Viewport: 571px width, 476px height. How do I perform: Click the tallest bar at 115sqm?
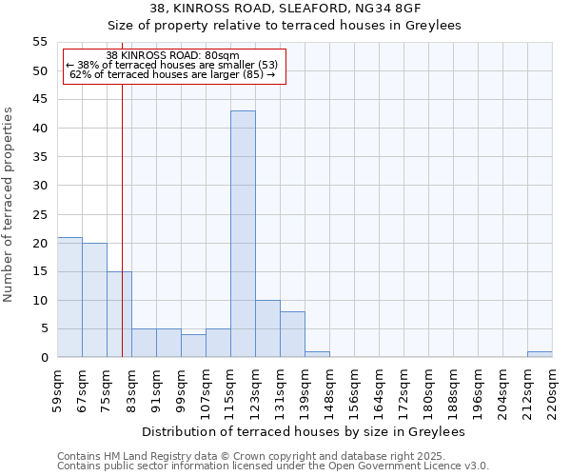[243, 234]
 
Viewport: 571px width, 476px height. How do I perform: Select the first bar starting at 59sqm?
[69, 297]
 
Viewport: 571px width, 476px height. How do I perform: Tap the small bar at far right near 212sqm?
[540, 354]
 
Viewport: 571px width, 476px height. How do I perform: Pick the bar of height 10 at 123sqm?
[267, 328]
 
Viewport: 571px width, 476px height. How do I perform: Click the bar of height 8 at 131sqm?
[292, 334]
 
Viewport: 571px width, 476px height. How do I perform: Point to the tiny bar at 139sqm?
[317, 354]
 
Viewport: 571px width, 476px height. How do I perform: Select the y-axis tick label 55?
[40, 42]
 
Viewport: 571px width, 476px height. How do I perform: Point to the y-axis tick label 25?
[40, 214]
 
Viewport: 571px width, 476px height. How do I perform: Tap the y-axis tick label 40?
[40, 129]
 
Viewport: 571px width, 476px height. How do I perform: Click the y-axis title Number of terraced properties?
[10, 205]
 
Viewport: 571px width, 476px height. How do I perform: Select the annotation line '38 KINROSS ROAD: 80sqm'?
[173, 56]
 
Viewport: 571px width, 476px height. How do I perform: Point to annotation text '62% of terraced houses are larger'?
[172, 74]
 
